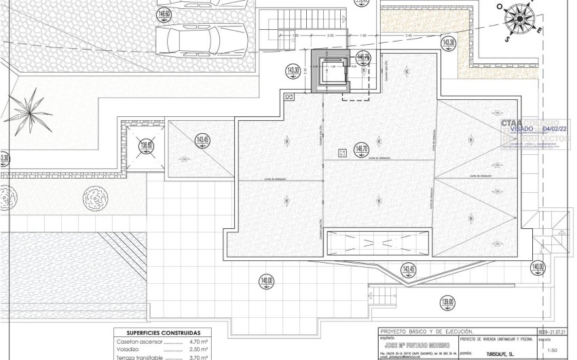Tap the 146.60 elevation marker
point(164,14)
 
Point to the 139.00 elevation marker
point(447,303)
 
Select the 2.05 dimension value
point(331,35)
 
